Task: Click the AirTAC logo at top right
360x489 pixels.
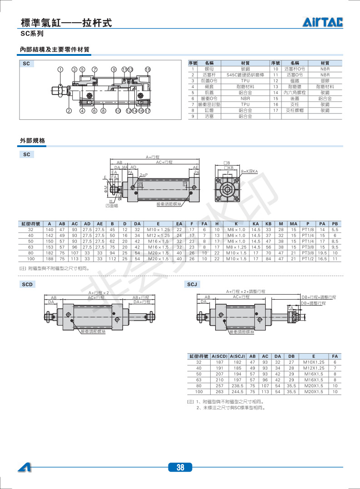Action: coord(323,22)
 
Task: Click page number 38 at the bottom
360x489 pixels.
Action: coord(180,468)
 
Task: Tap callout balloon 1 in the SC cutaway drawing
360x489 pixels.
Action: coord(60,69)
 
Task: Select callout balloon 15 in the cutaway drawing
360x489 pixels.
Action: coord(148,69)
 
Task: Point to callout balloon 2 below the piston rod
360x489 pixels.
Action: coord(69,110)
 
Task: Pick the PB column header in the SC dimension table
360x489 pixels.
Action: coord(335,224)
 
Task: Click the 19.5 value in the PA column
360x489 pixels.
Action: coord(322,253)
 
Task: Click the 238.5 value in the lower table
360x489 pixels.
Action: coord(237,385)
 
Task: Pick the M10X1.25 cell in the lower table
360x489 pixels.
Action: coord(313,362)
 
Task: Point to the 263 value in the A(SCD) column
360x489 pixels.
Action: coord(219,391)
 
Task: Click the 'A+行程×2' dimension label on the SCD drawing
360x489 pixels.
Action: coord(99,293)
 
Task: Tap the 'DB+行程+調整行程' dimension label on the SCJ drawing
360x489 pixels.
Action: coord(319,297)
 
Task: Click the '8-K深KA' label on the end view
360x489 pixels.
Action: coord(249,172)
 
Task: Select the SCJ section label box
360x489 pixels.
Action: coord(192,285)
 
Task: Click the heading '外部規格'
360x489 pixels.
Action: coord(33,141)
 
